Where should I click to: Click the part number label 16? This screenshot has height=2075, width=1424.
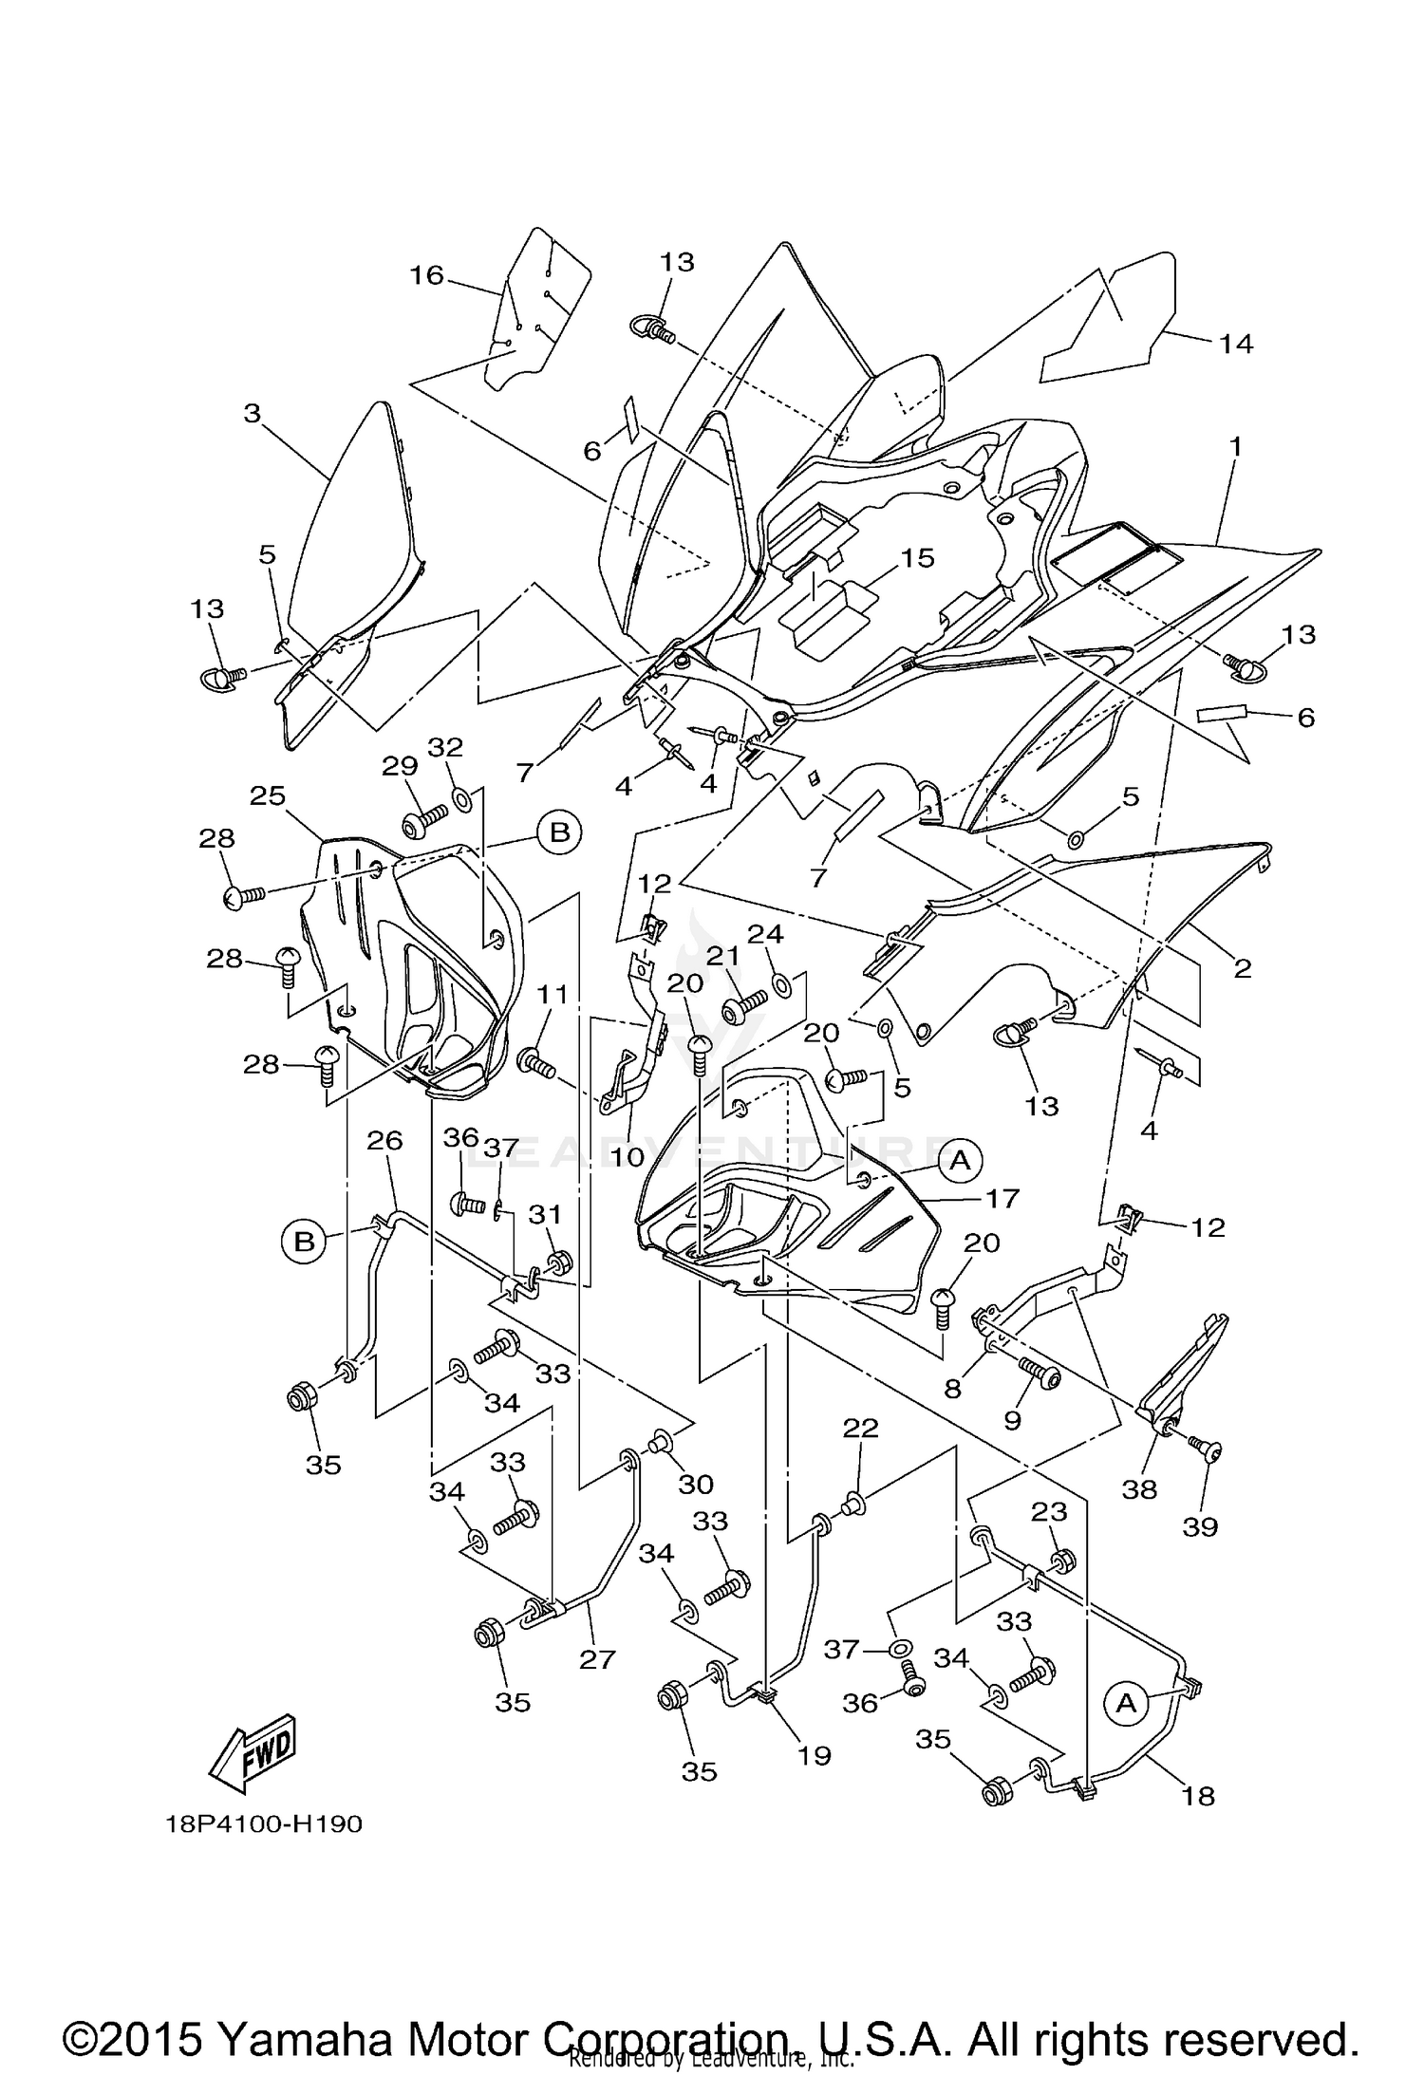click(426, 275)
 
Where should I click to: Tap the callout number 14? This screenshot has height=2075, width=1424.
click(1236, 344)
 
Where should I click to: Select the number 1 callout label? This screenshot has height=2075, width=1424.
click(1236, 446)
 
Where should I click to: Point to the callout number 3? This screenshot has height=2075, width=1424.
click(252, 414)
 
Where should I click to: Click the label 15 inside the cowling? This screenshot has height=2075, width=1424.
click(918, 558)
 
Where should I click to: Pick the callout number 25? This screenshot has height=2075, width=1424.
click(268, 795)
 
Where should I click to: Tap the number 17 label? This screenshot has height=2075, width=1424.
click(1002, 1198)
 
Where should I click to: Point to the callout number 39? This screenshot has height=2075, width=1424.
click(1200, 1528)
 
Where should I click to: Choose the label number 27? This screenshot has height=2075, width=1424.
click(598, 1659)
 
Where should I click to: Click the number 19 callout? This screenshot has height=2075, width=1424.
click(814, 1756)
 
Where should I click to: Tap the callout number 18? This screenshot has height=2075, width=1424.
click(1199, 1796)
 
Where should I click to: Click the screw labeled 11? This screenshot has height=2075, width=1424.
click(535, 1062)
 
